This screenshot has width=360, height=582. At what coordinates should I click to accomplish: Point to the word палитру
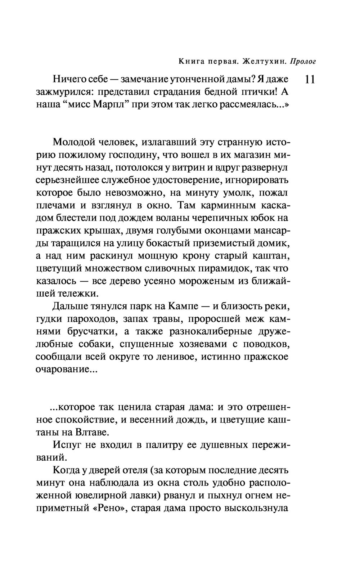pos(163,445)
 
